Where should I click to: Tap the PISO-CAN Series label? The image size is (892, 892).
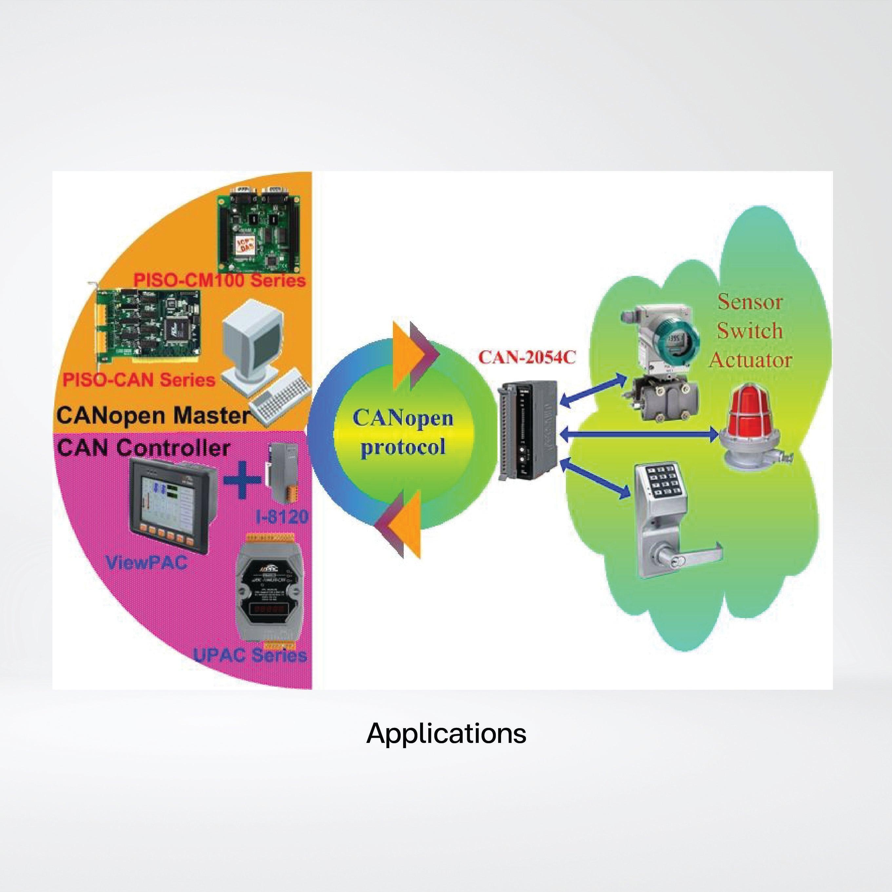(x=139, y=379)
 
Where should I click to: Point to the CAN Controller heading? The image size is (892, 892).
(x=143, y=448)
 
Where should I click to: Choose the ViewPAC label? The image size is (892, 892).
(x=146, y=562)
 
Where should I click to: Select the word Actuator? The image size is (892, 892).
(x=750, y=360)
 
